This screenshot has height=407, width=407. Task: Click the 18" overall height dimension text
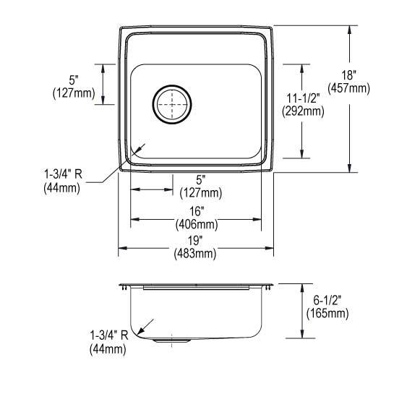pos(348,75)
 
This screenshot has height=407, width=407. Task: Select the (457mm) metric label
pos(348,88)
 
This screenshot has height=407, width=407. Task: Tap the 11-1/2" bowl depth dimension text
pos(303,98)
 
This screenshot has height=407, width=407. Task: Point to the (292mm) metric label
pos(303,111)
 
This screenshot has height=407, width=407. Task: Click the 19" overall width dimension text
pos(195,241)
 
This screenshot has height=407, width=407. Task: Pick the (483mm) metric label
pos(195,254)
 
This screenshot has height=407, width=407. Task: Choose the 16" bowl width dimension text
pos(197,211)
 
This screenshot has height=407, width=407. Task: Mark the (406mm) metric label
pos(197,225)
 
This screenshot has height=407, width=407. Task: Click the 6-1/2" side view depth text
pos(327,300)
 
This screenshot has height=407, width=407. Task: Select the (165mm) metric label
pos(327,314)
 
